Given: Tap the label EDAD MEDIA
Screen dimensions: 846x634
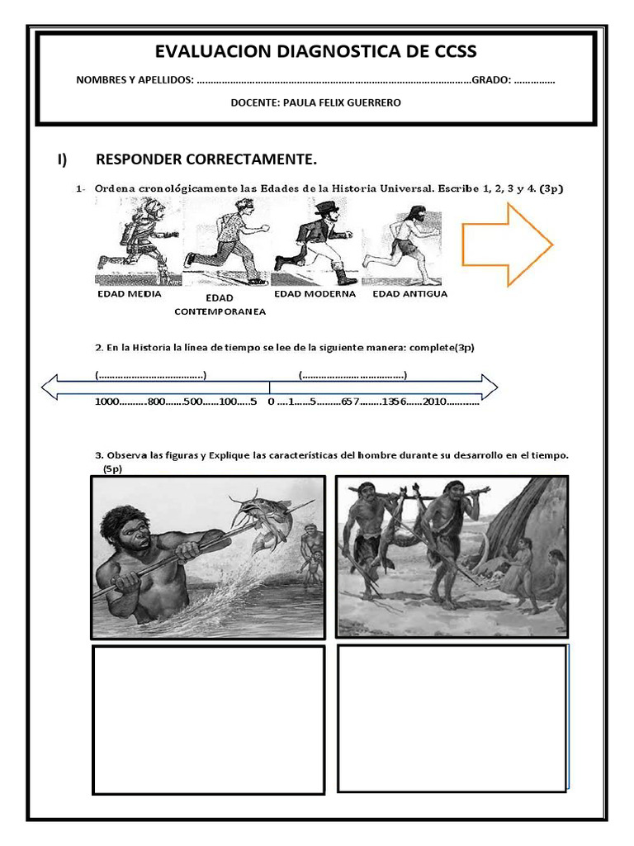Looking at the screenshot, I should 130,293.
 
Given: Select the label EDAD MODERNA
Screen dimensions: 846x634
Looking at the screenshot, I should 315,293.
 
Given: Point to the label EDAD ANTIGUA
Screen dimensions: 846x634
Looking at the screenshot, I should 409,293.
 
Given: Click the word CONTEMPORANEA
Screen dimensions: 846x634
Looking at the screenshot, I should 220,311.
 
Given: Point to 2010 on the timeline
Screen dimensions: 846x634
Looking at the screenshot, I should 435,402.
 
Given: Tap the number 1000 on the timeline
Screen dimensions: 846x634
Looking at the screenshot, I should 107,402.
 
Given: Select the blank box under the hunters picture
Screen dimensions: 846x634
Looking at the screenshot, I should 452,718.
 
